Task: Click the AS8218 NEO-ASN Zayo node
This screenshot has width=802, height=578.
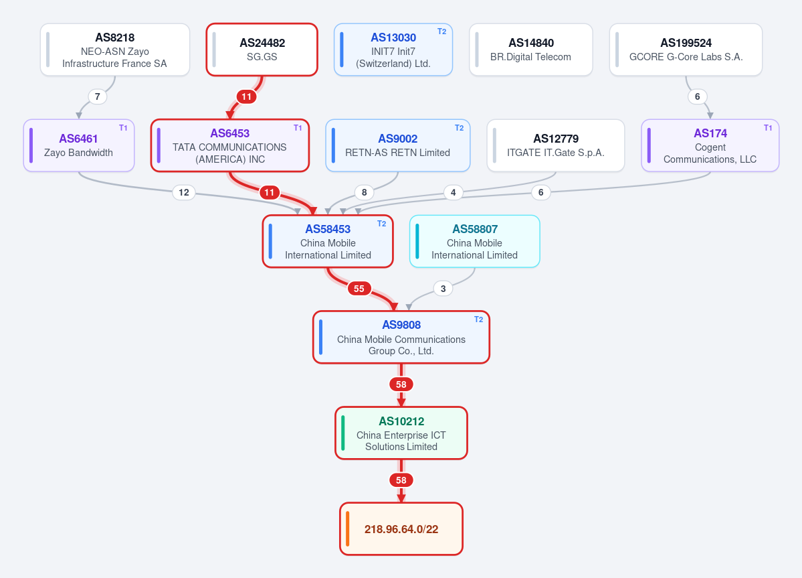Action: point(115,50)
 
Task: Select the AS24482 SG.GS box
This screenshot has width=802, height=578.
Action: point(262,50)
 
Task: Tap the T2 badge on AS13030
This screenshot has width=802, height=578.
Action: point(442,31)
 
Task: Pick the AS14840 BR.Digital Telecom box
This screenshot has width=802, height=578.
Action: point(531,50)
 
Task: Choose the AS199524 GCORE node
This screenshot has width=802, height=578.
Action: point(686,50)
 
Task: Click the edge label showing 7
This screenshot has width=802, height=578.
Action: point(98,96)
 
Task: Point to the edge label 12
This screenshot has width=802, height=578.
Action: point(184,192)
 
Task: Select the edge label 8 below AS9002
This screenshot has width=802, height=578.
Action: point(364,192)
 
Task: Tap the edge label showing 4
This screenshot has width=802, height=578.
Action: point(453,192)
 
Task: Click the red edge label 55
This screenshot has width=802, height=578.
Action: point(359,289)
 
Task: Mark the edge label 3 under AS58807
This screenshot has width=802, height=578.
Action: point(443,289)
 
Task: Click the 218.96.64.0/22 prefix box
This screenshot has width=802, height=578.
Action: point(401,529)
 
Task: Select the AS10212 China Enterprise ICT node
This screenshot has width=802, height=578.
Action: point(401,433)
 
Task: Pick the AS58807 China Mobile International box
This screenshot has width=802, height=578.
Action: point(475,241)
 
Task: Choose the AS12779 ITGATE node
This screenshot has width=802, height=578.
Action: point(556,145)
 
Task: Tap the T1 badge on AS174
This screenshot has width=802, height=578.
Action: point(769,128)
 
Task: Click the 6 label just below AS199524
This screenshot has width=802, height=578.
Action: point(698,96)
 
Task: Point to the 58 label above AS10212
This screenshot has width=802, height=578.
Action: point(401,384)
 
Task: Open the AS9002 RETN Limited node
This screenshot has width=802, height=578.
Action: point(398,145)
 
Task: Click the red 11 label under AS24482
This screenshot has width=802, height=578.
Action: point(247,96)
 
